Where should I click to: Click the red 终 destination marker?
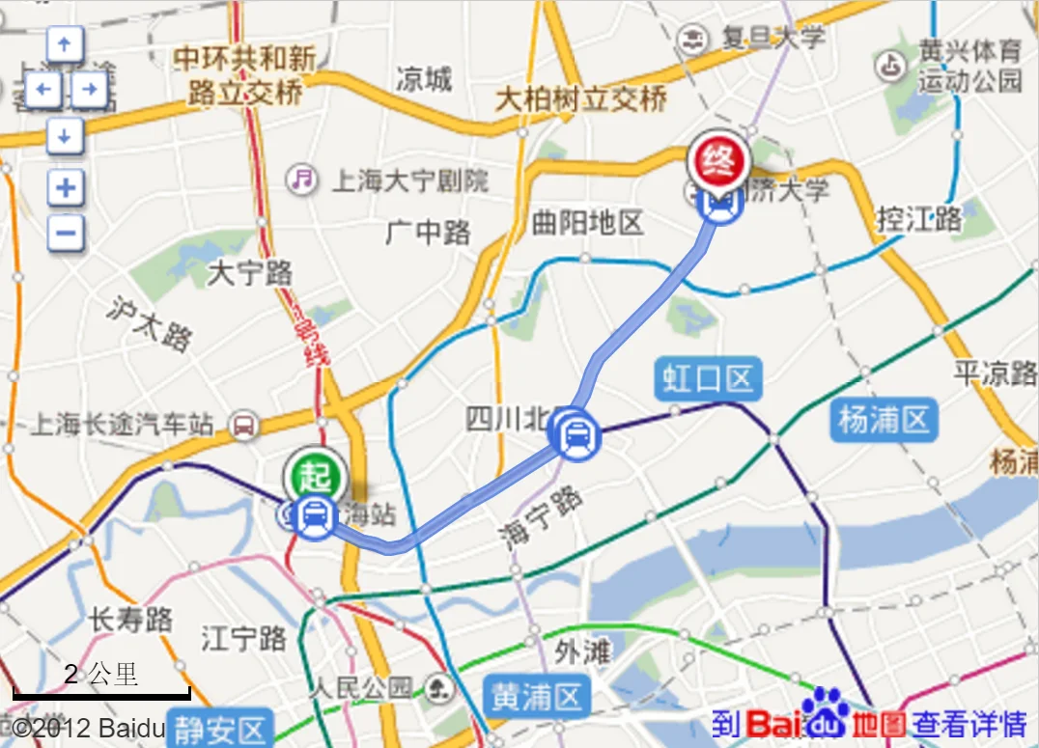[x=717, y=158]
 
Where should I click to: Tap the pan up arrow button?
[x=65, y=44]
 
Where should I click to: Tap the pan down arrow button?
[x=65, y=136]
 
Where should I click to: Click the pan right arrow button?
[x=89, y=91]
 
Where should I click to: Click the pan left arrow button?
[x=42, y=91]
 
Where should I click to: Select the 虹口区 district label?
[x=708, y=378]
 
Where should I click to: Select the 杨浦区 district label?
[x=883, y=421]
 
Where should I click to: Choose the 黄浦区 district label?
[x=536, y=695]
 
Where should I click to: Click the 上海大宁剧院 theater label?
[x=410, y=180]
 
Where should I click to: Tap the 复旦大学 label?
[x=770, y=39]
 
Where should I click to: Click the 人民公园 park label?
[x=362, y=688]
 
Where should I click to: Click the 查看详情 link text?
[x=970, y=723]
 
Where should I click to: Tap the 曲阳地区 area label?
[x=587, y=224]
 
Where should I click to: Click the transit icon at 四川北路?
[x=575, y=435]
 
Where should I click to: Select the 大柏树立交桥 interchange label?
[x=580, y=98]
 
